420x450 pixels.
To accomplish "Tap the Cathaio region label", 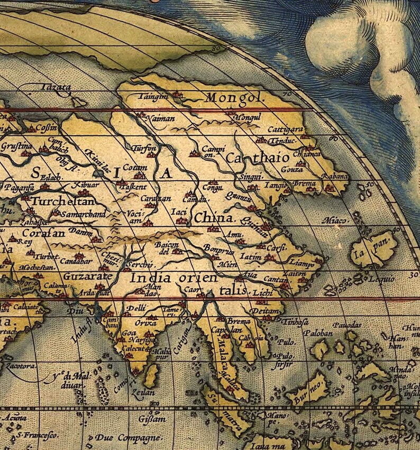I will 257,158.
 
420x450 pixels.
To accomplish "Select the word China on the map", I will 214,218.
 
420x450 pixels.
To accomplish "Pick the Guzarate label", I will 87,276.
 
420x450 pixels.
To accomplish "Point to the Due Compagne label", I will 128,438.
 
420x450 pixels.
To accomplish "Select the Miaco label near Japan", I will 336,220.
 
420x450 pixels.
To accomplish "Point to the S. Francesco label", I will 36,435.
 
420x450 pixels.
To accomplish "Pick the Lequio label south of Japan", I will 382,279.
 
